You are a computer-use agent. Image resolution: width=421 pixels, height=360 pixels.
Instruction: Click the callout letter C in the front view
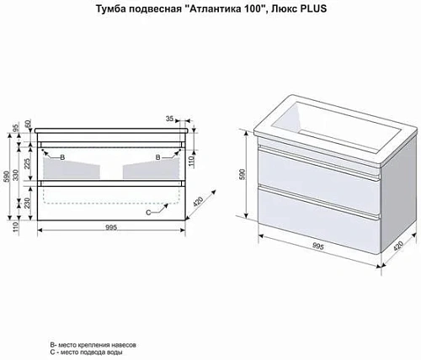[149, 211]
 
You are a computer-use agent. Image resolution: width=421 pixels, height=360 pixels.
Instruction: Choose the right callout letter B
[158, 156]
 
